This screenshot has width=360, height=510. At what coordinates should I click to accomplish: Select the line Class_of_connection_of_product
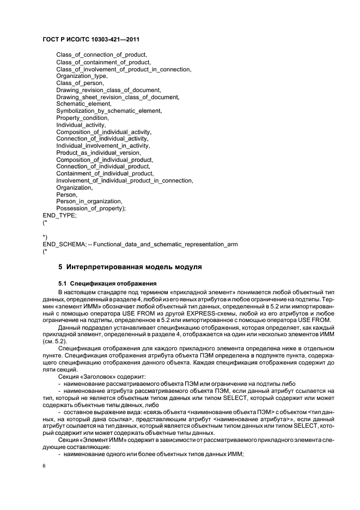102,55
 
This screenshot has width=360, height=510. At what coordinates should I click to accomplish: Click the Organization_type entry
82,76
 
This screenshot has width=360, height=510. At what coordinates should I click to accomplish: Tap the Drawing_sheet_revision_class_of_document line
117,97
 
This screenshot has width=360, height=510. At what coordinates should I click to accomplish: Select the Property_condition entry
82,118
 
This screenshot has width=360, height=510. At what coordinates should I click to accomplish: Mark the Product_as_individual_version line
98,153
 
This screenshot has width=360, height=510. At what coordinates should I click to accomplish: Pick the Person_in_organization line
89,201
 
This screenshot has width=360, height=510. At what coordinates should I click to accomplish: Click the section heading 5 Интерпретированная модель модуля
130,267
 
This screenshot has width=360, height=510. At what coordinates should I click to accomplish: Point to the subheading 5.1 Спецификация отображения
107,283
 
